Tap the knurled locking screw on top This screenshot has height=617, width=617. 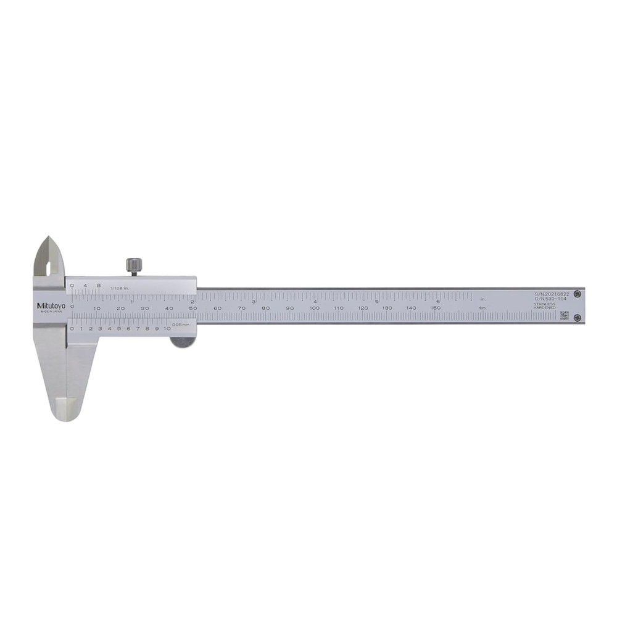click(133, 265)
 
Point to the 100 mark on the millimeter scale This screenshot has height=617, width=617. click(314, 308)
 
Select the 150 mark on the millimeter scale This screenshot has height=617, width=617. click(436, 308)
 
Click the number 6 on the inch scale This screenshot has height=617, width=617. click(437, 300)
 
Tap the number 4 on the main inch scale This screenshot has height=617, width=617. click(315, 300)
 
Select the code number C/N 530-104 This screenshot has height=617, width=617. click(550, 299)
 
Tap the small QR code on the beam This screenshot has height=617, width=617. click(563, 315)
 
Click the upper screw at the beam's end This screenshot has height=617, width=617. click(576, 294)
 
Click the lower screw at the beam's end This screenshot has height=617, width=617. click(576, 318)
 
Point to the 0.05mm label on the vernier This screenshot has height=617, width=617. click(180, 324)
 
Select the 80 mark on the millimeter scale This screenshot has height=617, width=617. click(265, 308)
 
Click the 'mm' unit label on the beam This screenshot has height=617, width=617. click(482, 308)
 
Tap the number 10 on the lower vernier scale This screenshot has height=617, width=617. click(167, 328)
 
